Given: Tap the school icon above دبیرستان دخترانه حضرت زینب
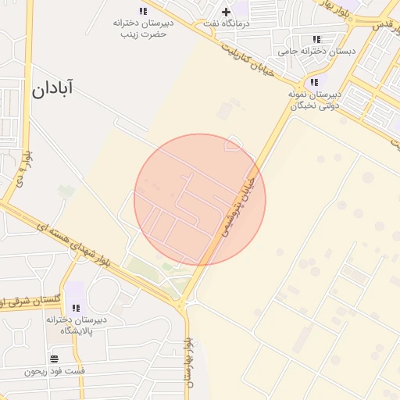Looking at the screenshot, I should coord(143,11).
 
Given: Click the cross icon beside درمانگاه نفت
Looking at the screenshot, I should coord(226,12).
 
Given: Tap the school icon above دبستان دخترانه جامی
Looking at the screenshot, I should coord(316,38).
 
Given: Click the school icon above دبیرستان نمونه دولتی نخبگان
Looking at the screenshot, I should coord(314,82).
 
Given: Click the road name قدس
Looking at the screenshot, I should coord(382,25).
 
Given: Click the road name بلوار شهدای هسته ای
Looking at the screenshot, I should coord(84,245).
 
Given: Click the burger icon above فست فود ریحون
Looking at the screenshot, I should coord(54,359).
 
